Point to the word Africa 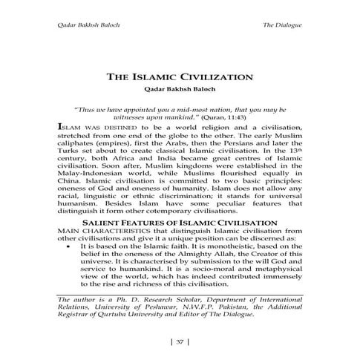[124, 166]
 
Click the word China [69, 196]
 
